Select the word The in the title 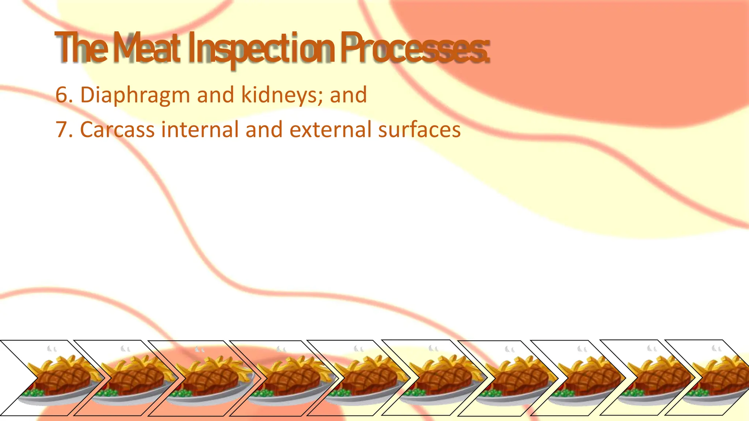coord(81,48)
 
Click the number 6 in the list coord(61,95)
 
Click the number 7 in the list coord(61,130)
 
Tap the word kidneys coord(282,95)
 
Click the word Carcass coord(117,130)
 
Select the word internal coord(200,130)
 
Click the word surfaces coord(419,130)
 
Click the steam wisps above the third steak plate coord(199,349)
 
